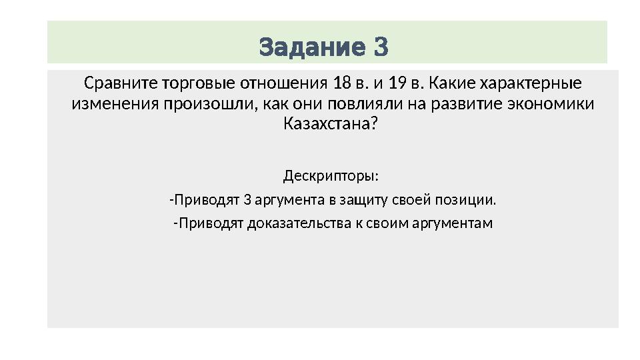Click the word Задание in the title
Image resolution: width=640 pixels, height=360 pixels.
[311, 47]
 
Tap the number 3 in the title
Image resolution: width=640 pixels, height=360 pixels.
[380, 47]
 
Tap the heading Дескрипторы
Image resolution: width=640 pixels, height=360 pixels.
[331, 177]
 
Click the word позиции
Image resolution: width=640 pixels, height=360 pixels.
[473, 200]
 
